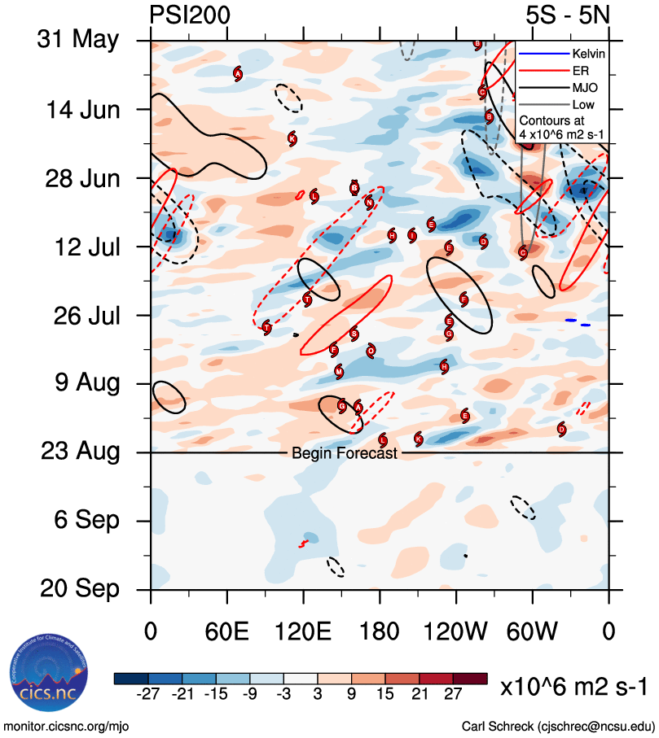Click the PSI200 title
click(x=190, y=15)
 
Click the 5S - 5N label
click(x=567, y=15)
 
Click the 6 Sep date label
click(x=83, y=520)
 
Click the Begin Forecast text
click(x=345, y=453)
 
